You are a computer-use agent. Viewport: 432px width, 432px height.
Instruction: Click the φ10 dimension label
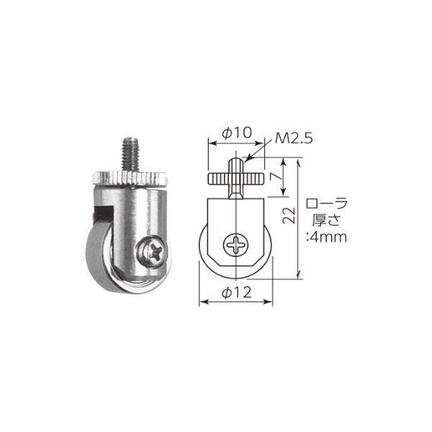click(237, 132)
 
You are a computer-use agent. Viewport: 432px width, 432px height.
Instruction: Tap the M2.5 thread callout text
click(294, 139)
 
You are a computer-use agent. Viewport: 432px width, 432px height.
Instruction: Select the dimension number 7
click(276, 177)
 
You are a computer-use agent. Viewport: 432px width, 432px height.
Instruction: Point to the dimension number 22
click(289, 216)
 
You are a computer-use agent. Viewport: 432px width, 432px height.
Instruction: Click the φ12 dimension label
click(237, 292)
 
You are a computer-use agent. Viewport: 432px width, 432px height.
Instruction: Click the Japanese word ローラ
click(326, 204)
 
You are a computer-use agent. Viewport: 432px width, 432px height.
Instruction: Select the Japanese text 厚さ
click(326, 220)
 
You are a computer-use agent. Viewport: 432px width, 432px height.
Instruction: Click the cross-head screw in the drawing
click(236, 245)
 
